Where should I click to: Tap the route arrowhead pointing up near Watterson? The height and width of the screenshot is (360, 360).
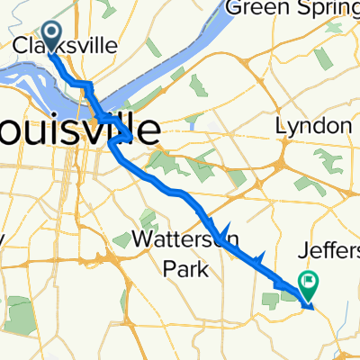[226, 229]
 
